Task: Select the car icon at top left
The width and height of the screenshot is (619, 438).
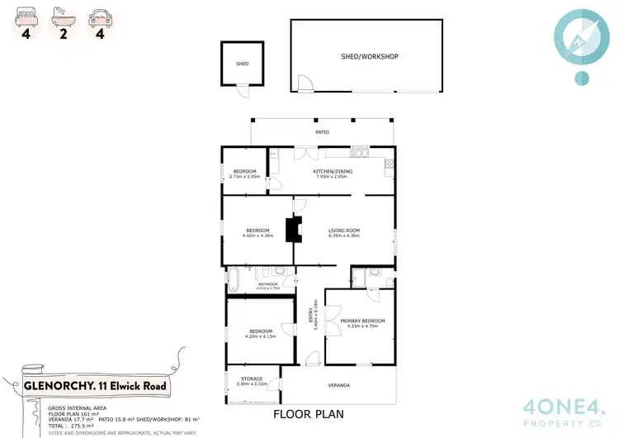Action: coord(100,15)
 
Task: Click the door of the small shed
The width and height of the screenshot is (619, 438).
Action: coord(242,91)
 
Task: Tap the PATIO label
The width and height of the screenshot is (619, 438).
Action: coord(322,132)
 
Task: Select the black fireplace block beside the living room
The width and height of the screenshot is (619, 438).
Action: coord(292,230)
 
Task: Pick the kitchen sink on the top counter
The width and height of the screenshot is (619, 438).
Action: coord(359,152)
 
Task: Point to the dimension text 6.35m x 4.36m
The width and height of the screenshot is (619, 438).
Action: coord(344,236)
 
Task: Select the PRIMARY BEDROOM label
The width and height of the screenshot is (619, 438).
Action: coord(362,321)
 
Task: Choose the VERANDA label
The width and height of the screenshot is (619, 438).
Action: coord(338,385)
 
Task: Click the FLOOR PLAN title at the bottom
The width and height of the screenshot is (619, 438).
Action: coord(308,414)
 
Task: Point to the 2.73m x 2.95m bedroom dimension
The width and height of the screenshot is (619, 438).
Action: coord(244,176)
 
